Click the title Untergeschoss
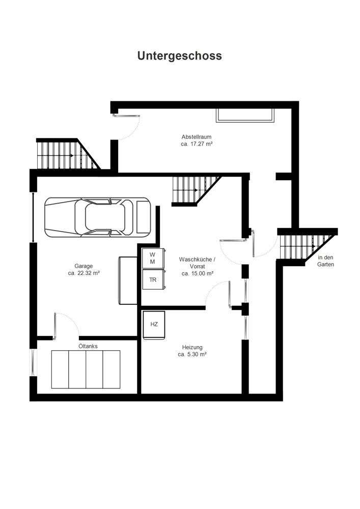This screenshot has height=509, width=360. coord(179,56)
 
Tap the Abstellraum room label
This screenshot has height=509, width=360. coord(196,136)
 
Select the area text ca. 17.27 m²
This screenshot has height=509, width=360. coord(196,144)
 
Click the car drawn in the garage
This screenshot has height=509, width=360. coord(97,217)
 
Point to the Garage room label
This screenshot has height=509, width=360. coord(84,266)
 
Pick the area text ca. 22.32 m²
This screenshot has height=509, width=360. coord(84,273)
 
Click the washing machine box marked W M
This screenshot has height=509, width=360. coord(152,258)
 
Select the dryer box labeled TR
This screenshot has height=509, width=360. coord(152,279)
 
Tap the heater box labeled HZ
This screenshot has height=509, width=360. coord(154,324)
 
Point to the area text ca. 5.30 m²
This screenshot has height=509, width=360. coord(191,354)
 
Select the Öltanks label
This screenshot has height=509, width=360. coord(88,346)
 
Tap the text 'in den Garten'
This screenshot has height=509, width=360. coord(325,261)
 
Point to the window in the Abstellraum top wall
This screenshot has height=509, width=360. coord(245,115)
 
